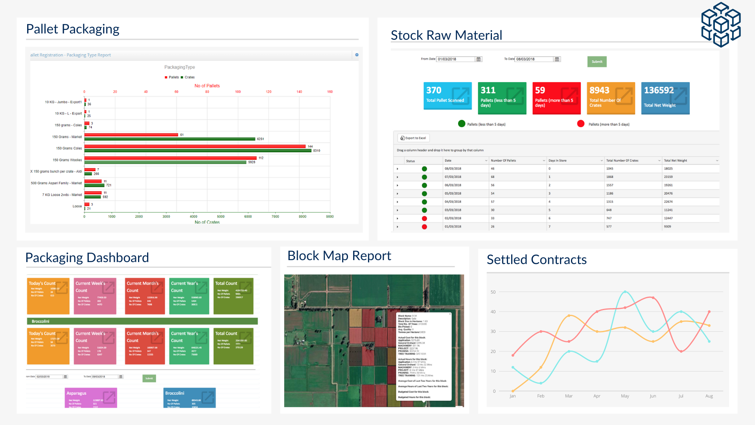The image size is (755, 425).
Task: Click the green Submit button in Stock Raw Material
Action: (597, 62)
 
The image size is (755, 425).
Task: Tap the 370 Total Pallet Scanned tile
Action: (447, 98)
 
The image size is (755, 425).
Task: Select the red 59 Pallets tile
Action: (556, 98)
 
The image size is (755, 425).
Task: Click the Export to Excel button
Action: (413, 138)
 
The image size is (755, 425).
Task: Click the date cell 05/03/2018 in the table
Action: (453, 194)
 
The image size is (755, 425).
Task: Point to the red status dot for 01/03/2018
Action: (424, 227)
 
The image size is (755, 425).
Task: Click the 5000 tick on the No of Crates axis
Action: (221, 216)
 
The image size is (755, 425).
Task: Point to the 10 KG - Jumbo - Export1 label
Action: (63, 102)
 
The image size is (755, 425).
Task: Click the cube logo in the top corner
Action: (721, 24)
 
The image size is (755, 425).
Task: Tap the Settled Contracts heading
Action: (536, 260)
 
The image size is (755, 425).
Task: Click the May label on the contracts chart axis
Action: (624, 396)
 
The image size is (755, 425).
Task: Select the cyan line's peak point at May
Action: (625, 292)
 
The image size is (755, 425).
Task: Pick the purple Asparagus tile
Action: (91, 397)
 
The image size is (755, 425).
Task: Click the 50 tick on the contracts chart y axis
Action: (493, 292)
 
